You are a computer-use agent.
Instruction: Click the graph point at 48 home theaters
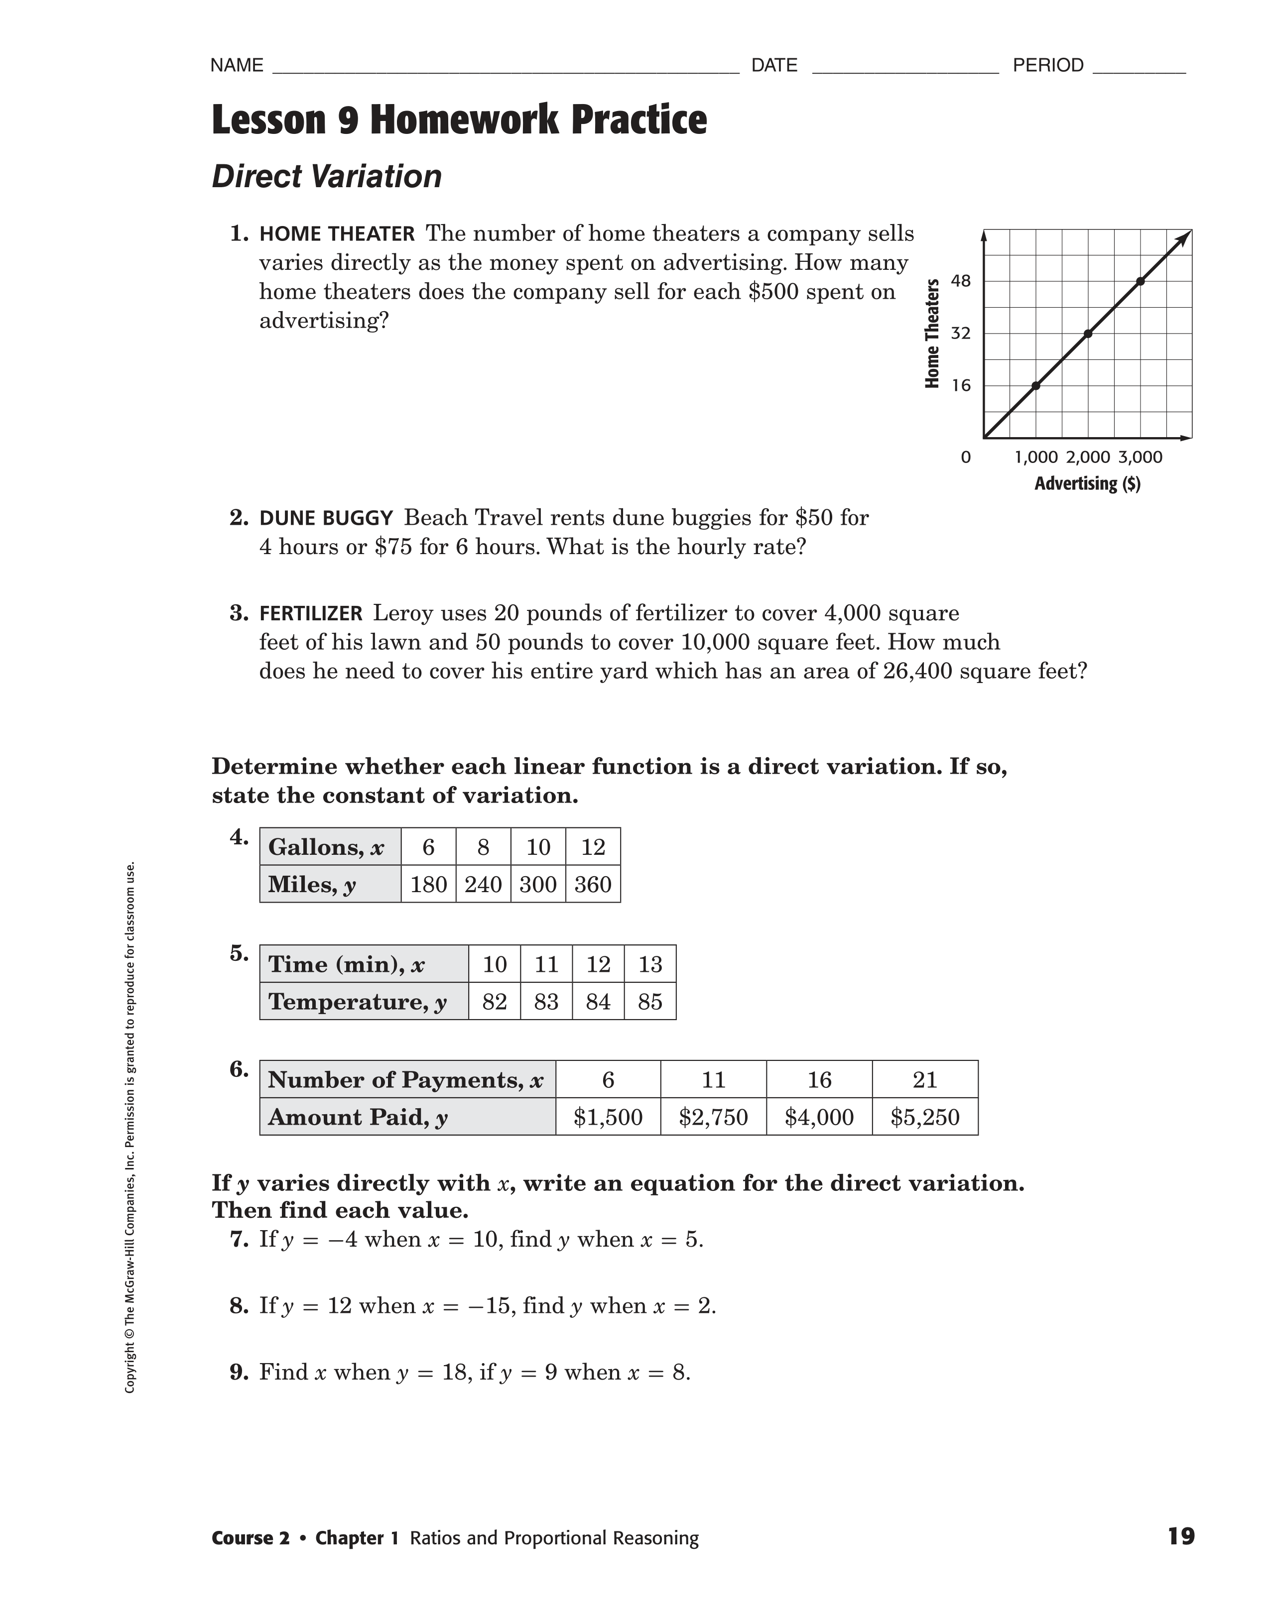click(1141, 281)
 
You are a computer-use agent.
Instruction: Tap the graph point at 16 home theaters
click(1035, 385)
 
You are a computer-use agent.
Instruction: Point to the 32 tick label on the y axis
click(961, 333)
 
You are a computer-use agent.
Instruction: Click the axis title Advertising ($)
click(1087, 484)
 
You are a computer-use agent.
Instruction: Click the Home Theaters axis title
click(932, 333)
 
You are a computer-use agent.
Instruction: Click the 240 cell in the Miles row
click(484, 884)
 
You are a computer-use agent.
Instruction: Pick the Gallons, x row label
click(326, 847)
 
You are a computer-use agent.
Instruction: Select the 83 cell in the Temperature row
click(546, 1002)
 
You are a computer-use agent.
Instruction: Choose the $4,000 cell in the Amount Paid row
click(819, 1117)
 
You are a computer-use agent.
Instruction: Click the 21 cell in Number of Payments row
click(925, 1080)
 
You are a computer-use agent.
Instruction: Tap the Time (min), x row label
click(346, 964)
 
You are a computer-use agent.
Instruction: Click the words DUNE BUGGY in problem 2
click(326, 518)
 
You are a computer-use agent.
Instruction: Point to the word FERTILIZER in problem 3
click(311, 613)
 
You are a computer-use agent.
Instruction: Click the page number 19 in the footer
click(1181, 1536)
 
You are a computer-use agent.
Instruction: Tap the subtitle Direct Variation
click(327, 177)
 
